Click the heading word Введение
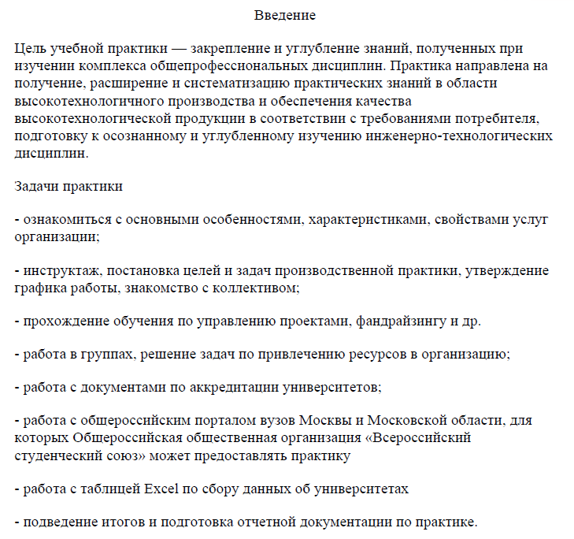click(x=285, y=15)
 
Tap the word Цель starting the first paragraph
click(x=29, y=50)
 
